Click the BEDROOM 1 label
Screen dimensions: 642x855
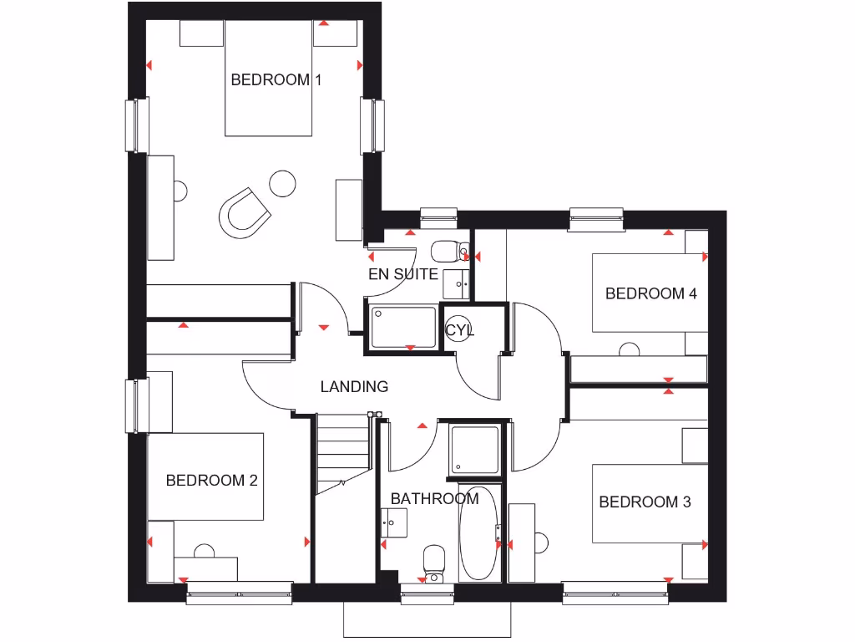(x=276, y=80)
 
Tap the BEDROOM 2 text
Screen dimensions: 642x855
(x=211, y=481)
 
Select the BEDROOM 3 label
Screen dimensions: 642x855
(x=645, y=502)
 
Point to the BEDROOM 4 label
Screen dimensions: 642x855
(x=650, y=293)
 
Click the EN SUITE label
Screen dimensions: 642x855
(x=403, y=273)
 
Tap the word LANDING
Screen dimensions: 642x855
(x=354, y=386)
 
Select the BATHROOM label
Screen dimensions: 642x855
(x=434, y=499)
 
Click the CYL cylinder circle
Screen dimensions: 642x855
(x=458, y=329)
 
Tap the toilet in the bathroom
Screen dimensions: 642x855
(x=434, y=559)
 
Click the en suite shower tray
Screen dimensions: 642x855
(x=403, y=327)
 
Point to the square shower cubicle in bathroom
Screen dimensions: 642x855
(x=475, y=449)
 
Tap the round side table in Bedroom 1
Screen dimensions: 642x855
(x=282, y=183)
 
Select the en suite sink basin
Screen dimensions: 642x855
(x=456, y=283)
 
